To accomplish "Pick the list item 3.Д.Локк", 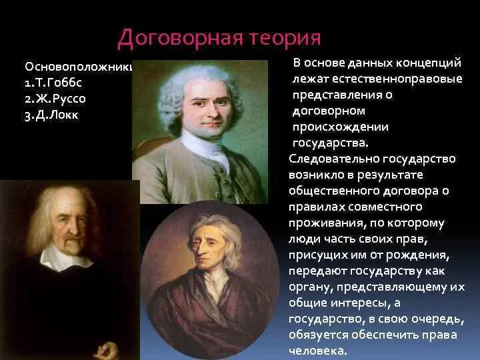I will (x=53, y=115).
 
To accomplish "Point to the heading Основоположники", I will (x=79, y=67).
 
